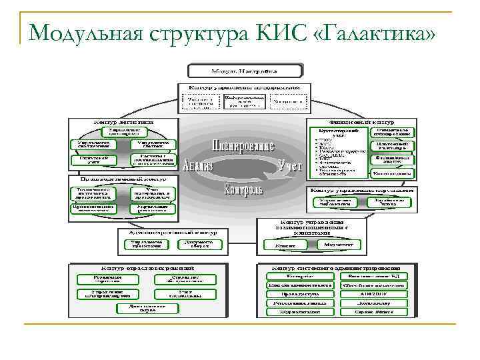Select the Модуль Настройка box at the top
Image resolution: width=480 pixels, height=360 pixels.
coord(245,70)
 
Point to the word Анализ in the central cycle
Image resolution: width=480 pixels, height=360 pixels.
coord(197,165)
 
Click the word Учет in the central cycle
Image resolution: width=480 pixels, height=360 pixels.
coord(291,164)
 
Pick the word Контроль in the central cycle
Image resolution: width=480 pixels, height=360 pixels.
coord(243,189)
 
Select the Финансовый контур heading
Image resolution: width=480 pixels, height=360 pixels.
coord(360,122)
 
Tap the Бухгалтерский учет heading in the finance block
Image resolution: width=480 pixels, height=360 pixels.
coord(338,133)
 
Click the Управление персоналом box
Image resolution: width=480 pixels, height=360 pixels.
coord(145,245)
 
